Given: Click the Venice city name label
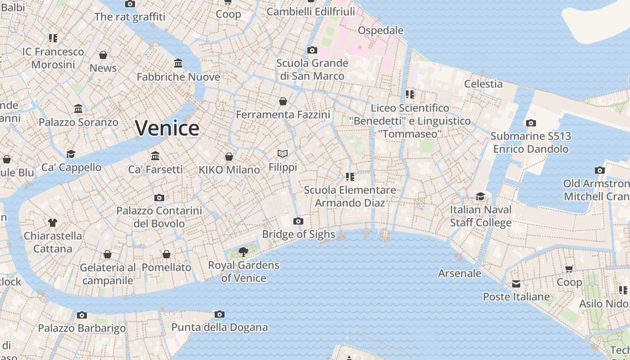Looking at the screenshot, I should coord(167,128).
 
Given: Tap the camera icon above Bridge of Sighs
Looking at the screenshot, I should coord(298,221).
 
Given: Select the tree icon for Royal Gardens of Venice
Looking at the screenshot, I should coord(243,252).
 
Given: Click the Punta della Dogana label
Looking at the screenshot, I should coord(220,327).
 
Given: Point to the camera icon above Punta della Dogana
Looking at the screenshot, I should coord(220,314).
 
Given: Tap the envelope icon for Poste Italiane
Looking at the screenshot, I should coord(516,284).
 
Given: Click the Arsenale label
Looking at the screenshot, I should coord(459,273).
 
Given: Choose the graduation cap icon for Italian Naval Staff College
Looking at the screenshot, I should coord(481,197).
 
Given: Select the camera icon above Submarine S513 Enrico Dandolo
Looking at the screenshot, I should coord(531,123).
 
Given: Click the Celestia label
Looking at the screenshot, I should coord(483,84).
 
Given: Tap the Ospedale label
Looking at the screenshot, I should coord(380,30).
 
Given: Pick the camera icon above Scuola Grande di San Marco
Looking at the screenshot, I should coord(312,50).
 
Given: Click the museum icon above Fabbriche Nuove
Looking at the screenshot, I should coord(178,63).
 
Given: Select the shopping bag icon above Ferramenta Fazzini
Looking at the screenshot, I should coord(283,101).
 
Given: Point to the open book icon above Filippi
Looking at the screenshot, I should coord(283,154).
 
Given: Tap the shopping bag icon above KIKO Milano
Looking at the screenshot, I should coord(229,157).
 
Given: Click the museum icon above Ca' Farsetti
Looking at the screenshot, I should coord(155,156).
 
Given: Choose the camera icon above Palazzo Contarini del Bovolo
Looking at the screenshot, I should coord(159,198).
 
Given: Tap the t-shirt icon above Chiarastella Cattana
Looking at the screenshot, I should coord(53,222).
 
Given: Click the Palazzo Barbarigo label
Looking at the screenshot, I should coord(82,328).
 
